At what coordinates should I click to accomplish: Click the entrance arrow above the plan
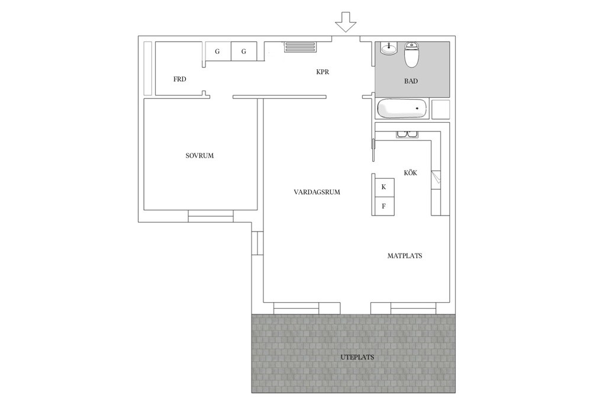pyautogui.click(x=346, y=21)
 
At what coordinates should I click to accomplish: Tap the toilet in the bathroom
pyautogui.click(x=411, y=54)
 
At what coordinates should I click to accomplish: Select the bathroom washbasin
pyautogui.click(x=388, y=49)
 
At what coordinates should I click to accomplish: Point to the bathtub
pyautogui.click(x=403, y=108)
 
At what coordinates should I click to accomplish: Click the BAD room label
pyautogui.click(x=411, y=81)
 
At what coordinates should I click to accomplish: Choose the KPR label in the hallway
pyautogui.click(x=323, y=72)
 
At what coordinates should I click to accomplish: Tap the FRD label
pyautogui.click(x=180, y=79)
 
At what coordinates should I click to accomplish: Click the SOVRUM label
pyautogui.click(x=199, y=156)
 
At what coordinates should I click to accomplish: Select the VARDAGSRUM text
pyautogui.click(x=317, y=193)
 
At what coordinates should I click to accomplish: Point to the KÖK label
pyautogui.click(x=410, y=172)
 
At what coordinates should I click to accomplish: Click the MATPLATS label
pyautogui.click(x=405, y=256)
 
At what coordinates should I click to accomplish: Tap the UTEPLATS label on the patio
pyautogui.click(x=357, y=357)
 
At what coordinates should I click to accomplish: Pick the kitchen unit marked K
pyautogui.click(x=385, y=187)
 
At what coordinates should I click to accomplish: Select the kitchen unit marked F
pyautogui.click(x=385, y=206)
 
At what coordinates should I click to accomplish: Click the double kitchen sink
pyautogui.click(x=407, y=134)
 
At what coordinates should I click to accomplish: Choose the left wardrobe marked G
pyautogui.click(x=218, y=51)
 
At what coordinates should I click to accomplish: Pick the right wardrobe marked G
pyautogui.click(x=244, y=51)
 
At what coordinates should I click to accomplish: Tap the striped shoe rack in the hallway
pyautogui.click(x=300, y=47)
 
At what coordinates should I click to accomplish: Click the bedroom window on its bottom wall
pyautogui.click(x=211, y=216)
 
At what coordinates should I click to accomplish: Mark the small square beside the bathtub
pyautogui.click(x=440, y=109)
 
